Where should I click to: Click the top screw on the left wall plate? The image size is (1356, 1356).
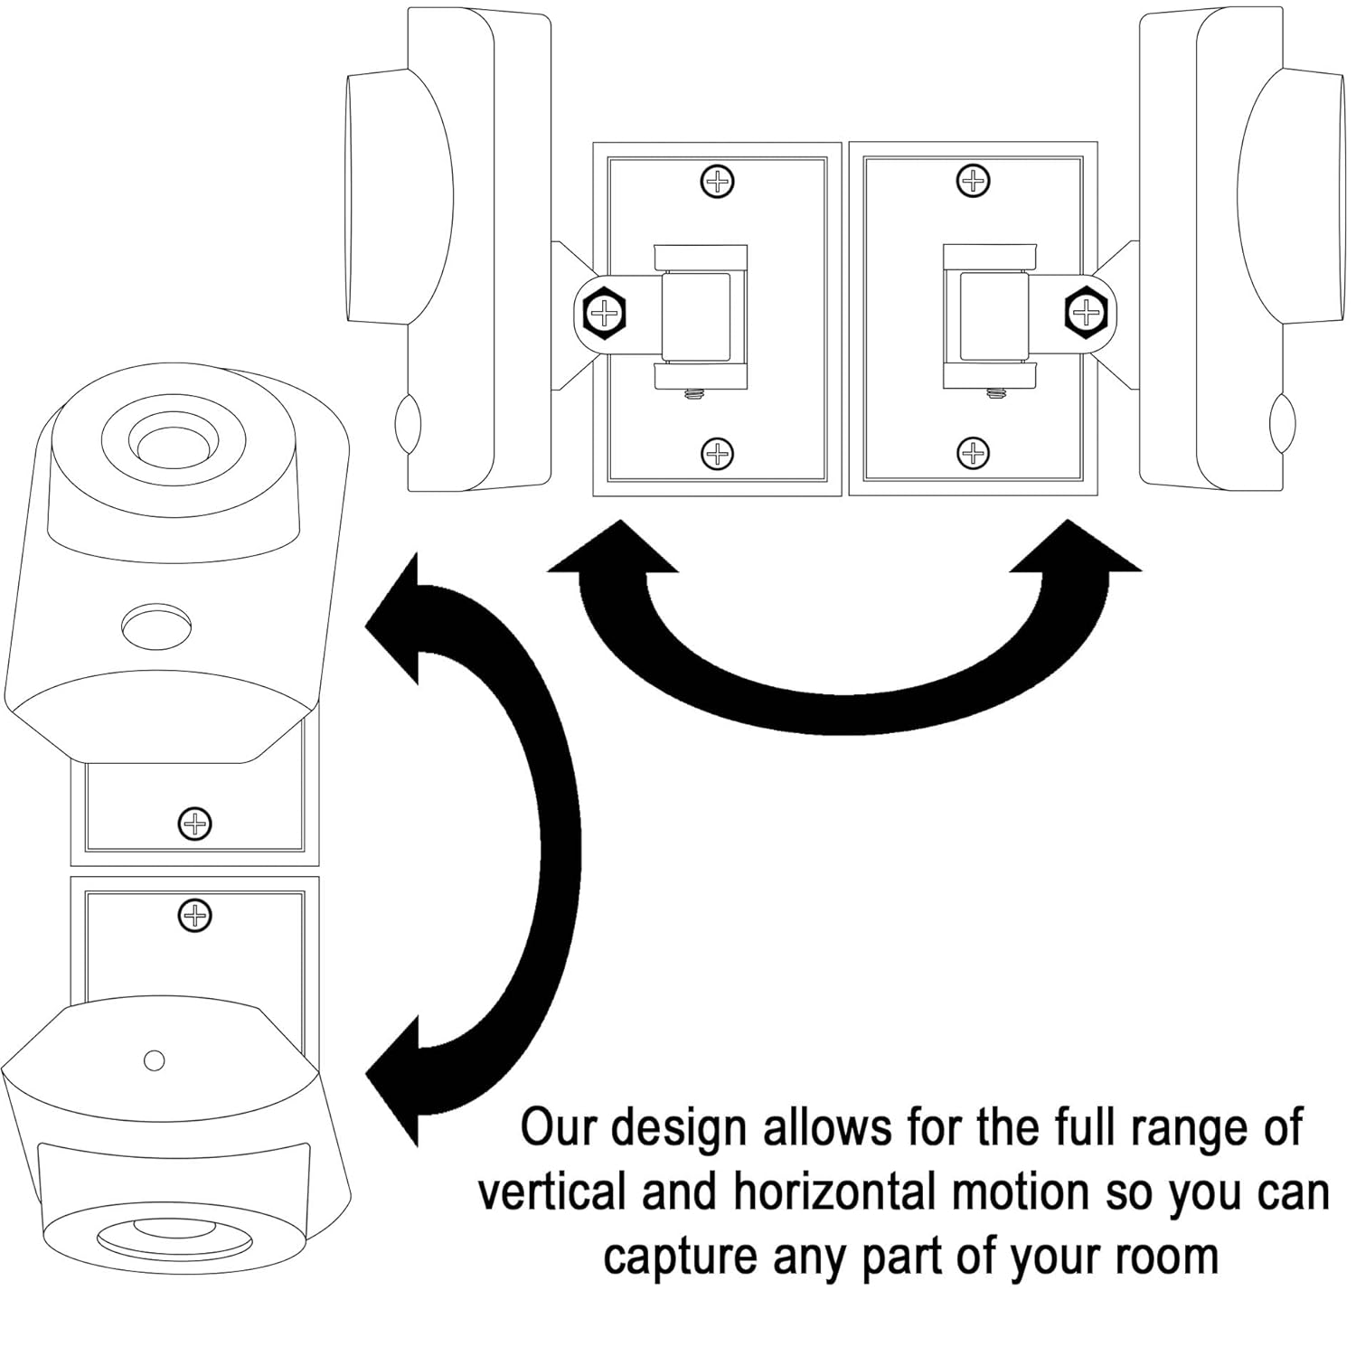(718, 182)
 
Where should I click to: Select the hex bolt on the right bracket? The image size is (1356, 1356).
(1084, 312)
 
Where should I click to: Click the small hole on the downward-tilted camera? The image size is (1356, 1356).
(155, 1059)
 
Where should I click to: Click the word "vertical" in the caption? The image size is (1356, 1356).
(551, 1193)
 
